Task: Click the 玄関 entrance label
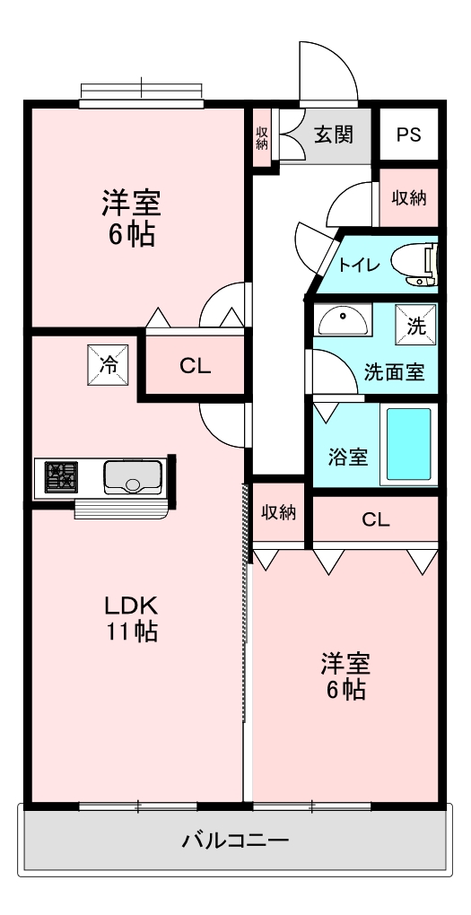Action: (332, 135)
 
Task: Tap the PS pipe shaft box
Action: (408, 135)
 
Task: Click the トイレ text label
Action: (359, 265)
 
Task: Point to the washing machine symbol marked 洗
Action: (416, 327)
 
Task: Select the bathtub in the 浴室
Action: (408, 446)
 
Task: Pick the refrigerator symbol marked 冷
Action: (107, 365)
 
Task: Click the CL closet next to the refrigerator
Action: (195, 365)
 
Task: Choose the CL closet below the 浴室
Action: (374, 520)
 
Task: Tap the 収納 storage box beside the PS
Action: (408, 197)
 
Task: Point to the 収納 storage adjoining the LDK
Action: (279, 512)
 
